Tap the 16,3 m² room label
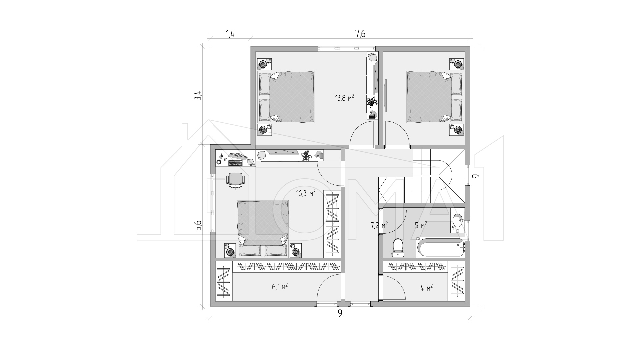coord(306,193)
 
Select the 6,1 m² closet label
coord(280,286)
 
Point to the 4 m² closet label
coord(427,287)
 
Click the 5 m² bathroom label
coord(421,225)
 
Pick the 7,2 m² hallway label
coord(379,225)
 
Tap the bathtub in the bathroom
coord(440,247)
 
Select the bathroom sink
coord(457,220)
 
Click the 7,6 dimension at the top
coord(360,34)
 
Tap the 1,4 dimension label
coord(230,34)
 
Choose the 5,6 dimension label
coord(198,226)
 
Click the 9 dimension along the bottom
coord(340,313)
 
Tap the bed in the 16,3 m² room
coord(263,229)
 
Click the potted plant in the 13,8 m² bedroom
coord(372,102)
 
